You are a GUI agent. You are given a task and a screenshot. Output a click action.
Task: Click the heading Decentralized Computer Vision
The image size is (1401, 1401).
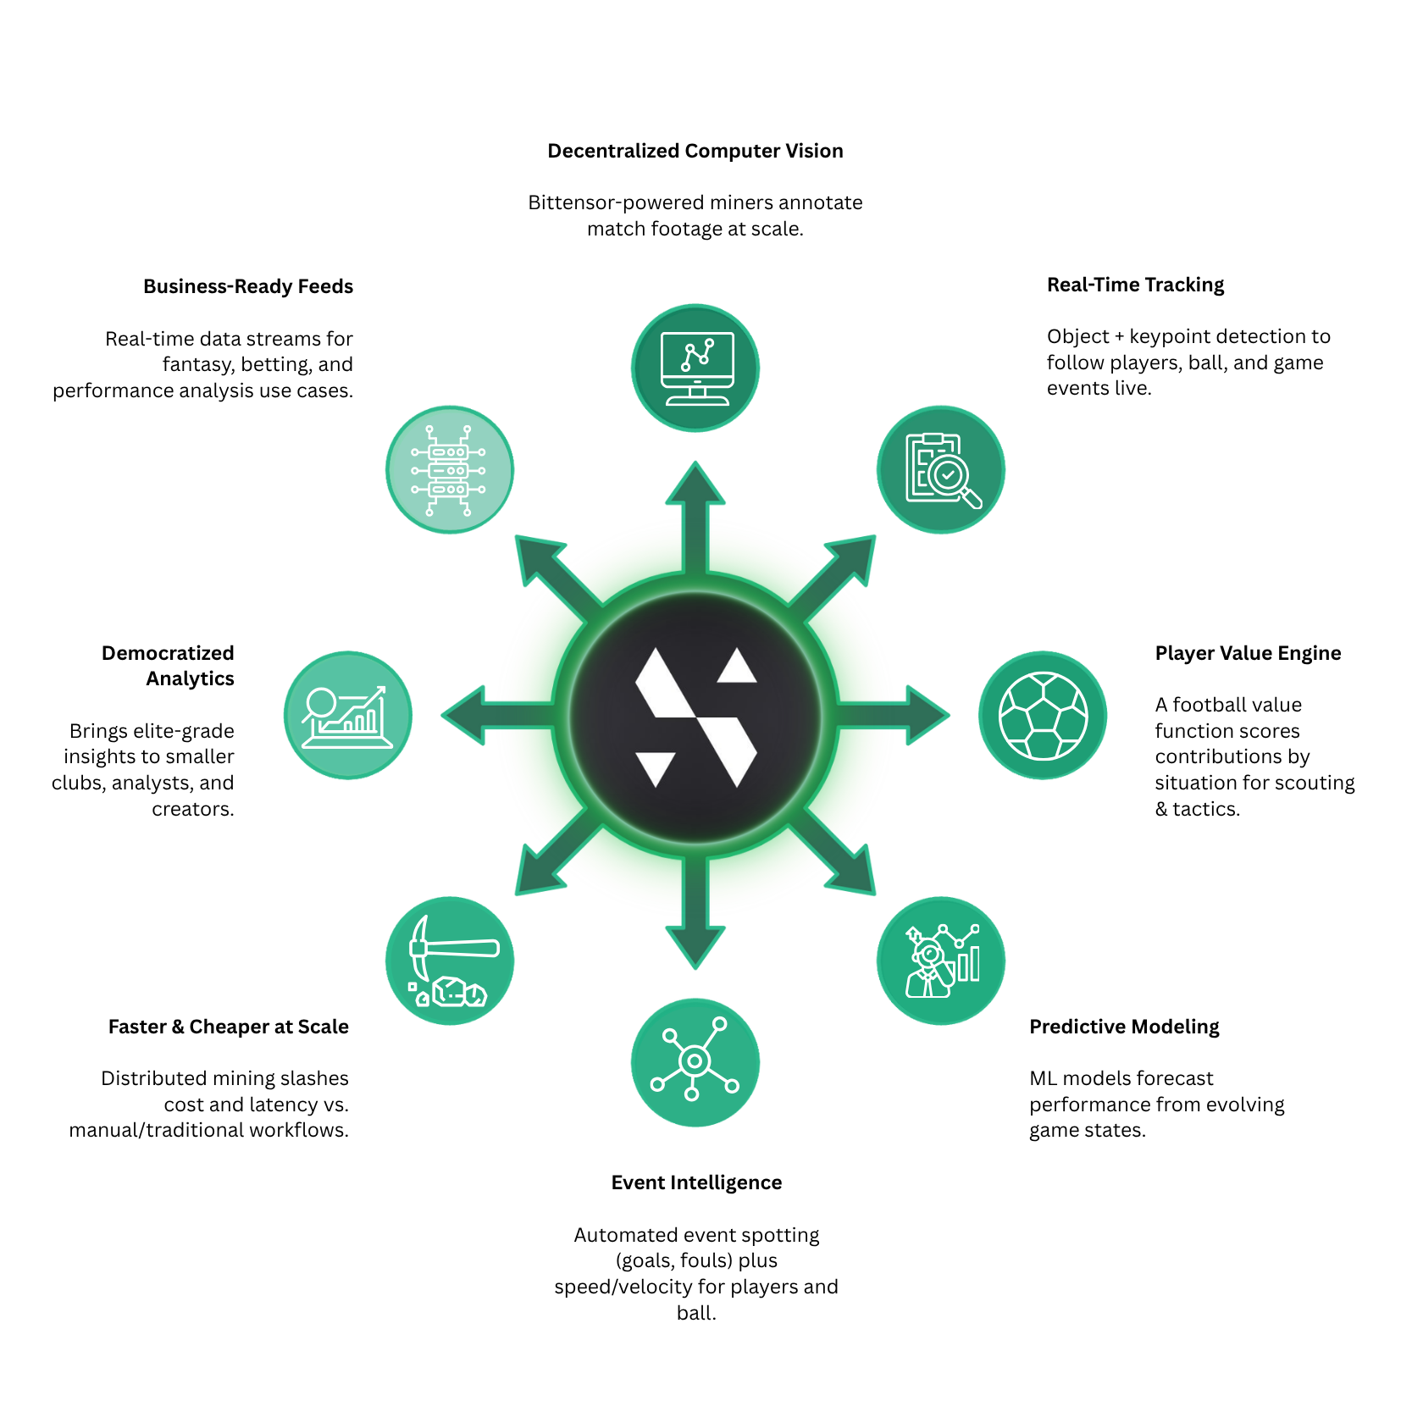click(695, 151)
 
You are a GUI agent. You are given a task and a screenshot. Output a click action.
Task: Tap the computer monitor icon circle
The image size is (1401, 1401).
click(695, 368)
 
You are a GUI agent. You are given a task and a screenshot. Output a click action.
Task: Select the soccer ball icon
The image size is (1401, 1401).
click(1043, 715)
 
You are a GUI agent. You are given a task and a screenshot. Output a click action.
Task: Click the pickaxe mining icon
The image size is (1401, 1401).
click(450, 961)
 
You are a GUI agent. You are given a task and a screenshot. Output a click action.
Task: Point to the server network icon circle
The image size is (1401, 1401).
click(450, 469)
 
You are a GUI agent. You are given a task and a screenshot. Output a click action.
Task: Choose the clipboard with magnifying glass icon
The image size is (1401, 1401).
click(941, 469)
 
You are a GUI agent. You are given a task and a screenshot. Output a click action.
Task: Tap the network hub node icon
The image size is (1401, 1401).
click(695, 1062)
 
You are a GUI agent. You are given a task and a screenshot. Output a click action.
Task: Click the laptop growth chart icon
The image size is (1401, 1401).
click(348, 715)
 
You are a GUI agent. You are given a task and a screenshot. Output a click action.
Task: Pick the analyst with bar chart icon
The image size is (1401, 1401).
click(941, 961)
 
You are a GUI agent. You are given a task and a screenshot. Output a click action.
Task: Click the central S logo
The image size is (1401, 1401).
click(695, 716)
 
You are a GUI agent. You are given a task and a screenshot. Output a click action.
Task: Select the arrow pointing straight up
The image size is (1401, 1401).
click(695, 508)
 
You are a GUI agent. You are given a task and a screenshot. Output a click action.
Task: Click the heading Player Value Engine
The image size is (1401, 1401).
click(1248, 653)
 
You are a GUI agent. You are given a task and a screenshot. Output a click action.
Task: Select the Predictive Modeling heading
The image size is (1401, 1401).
click(1124, 1027)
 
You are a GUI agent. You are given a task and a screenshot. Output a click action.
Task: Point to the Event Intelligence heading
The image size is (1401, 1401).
click(696, 1182)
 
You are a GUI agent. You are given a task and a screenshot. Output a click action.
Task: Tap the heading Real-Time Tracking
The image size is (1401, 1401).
click(1135, 285)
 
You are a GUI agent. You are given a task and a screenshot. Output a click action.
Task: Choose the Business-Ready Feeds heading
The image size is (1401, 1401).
click(248, 286)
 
